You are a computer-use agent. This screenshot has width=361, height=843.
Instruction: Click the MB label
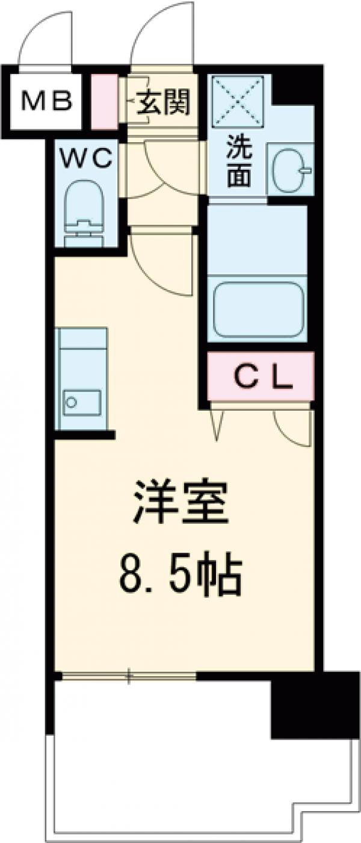[x=47, y=101]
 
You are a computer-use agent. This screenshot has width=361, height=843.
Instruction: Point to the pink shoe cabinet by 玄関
[x=104, y=101]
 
